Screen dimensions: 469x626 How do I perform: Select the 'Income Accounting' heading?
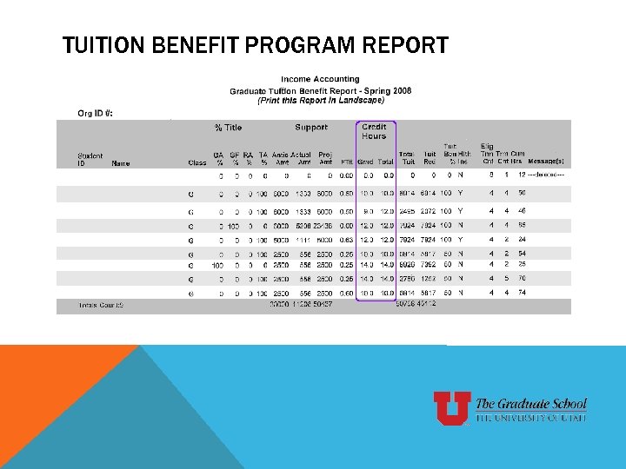320,80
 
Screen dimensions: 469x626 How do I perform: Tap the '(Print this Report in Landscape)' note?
320,100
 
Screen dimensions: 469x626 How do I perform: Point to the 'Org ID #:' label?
95,113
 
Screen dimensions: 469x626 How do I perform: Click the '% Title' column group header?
229,128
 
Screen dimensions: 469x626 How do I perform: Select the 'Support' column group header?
311,128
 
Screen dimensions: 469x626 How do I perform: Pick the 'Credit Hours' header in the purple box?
374,131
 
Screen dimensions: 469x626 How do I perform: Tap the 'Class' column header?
197,162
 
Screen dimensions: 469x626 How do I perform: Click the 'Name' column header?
121,162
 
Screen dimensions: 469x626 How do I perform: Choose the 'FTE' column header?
346,162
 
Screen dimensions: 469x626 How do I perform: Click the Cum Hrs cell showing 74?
523,294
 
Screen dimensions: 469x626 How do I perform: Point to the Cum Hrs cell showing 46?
523,211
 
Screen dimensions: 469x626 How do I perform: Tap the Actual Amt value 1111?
303,239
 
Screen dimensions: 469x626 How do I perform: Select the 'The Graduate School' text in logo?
531,404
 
